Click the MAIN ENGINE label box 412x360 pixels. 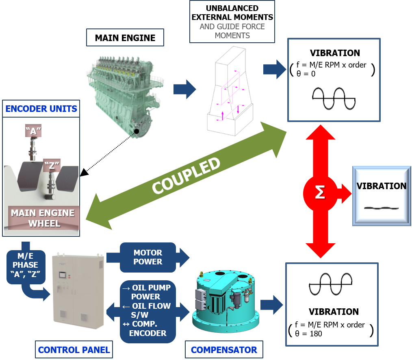click(125, 38)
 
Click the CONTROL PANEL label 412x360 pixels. click(74, 349)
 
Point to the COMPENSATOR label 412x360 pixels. click(224, 350)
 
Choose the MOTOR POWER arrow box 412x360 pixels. click(148, 257)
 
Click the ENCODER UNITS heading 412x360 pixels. click(41, 109)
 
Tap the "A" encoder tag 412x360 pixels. click(33, 131)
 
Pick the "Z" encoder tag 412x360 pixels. click(52, 166)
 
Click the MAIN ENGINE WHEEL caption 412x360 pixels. click(43, 218)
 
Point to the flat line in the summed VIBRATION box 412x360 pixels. click(381, 208)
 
